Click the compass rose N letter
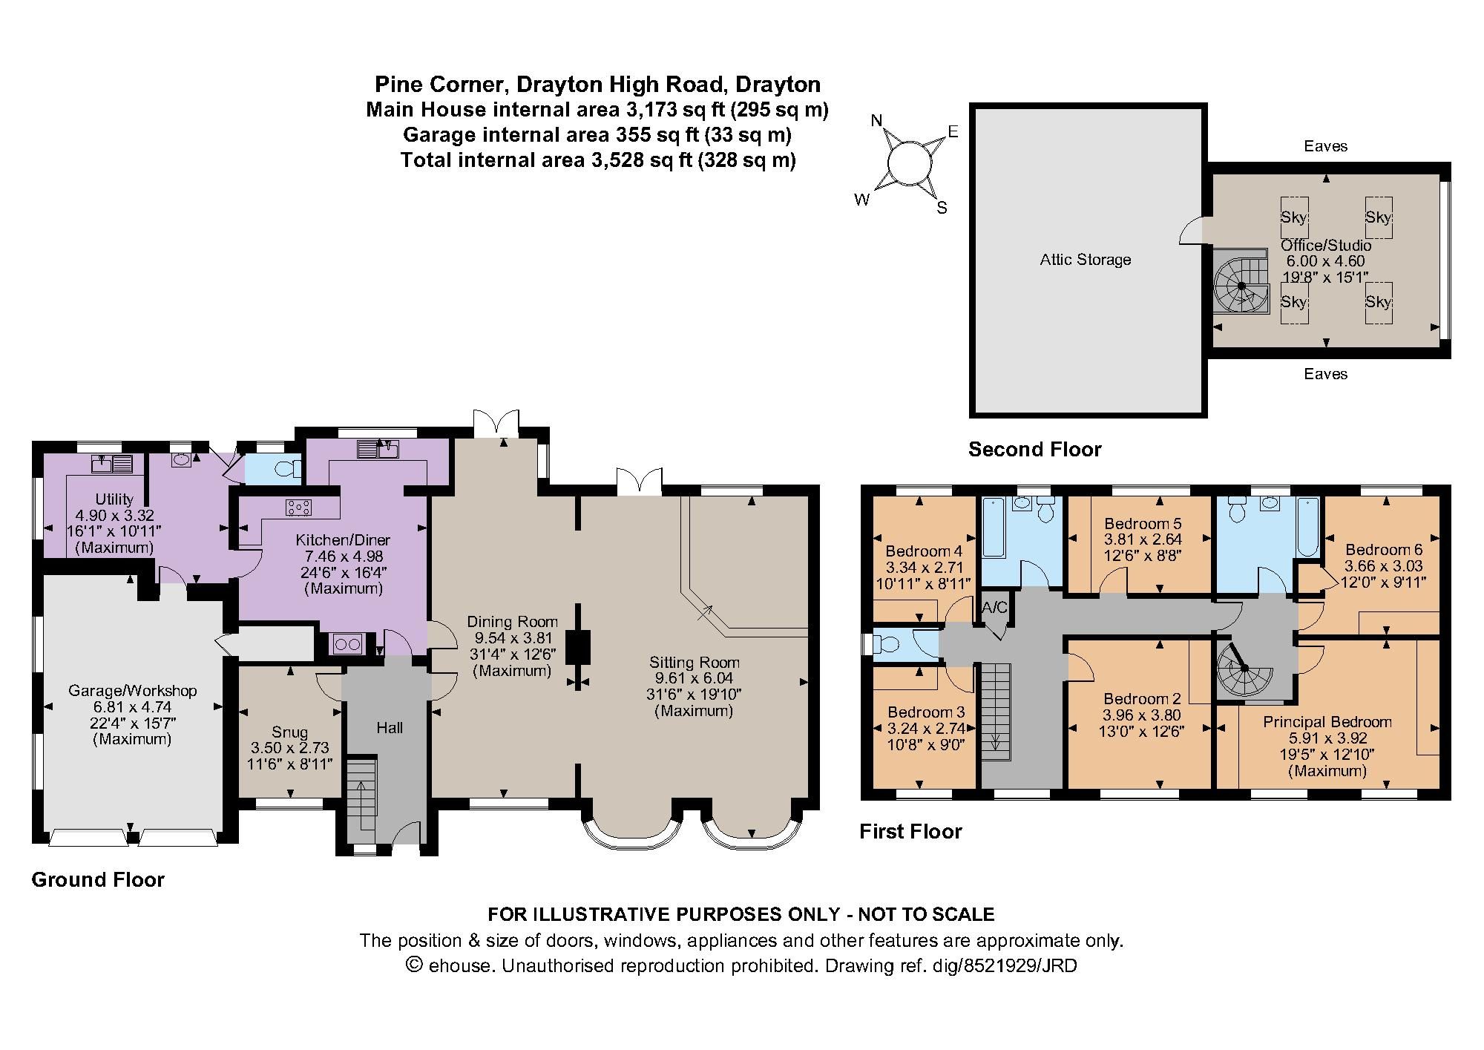[876, 121]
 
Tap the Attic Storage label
[1085, 260]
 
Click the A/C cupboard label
[994, 608]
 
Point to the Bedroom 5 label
[1143, 524]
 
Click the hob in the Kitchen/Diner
[298, 508]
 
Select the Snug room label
[289, 732]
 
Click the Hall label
[390, 728]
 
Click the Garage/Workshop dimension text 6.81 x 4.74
[133, 707]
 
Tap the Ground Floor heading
[98, 880]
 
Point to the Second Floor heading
[1034, 450]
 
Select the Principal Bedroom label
[1327, 722]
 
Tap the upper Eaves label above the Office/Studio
[1325, 147]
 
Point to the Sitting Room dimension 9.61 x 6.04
[694, 678]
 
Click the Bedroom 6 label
[1384, 550]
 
